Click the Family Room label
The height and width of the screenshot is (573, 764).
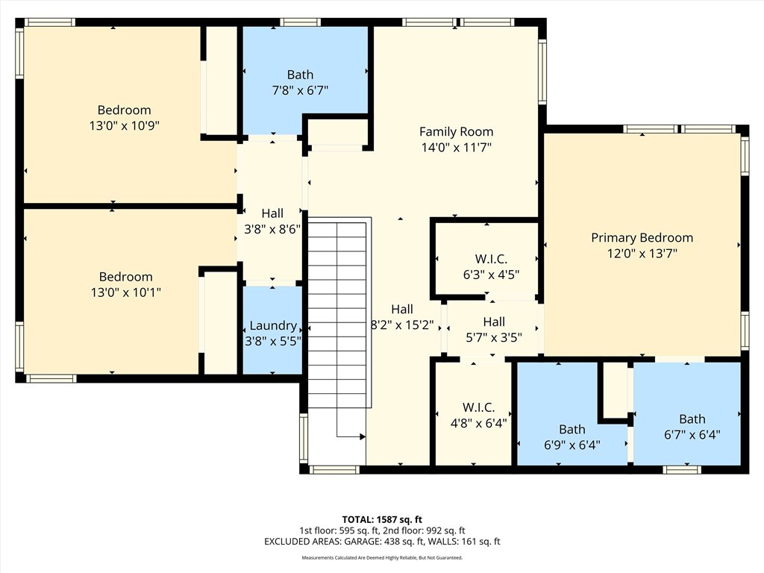click(456, 131)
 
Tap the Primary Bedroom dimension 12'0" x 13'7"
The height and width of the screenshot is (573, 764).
click(642, 254)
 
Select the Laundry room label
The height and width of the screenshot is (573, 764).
click(272, 326)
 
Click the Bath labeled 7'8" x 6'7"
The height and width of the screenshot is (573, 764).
click(300, 82)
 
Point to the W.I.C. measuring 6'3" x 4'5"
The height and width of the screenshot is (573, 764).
click(491, 266)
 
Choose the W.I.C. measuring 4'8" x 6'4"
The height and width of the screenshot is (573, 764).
click(478, 415)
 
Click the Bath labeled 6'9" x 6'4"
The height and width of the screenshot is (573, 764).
click(572, 437)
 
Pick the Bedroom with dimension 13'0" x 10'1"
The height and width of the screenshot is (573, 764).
click(125, 284)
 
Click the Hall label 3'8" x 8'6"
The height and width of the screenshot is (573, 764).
click(272, 222)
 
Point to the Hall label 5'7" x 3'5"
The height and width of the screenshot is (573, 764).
click(493, 329)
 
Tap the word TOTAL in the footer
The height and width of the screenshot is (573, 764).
click(359, 519)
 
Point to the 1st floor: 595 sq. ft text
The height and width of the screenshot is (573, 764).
click(339, 530)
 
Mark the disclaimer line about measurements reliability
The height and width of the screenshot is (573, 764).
click(382, 558)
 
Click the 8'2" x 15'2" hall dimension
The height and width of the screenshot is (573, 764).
click(402, 325)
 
